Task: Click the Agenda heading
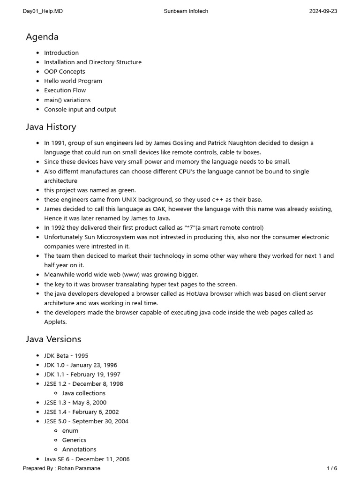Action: [42, 37]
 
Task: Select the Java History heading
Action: [51, 127]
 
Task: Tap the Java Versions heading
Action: [53, 339]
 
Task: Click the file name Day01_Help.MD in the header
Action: [43, 11]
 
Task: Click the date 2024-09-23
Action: [323, 11]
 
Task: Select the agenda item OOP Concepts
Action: [65, 72]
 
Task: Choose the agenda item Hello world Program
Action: [73, 81]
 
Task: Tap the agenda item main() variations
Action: [67, 100]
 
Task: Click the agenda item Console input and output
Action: [80, 109]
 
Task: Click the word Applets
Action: [55, 322]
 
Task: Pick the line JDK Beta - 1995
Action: [66, 356]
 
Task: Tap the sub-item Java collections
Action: [84, 393]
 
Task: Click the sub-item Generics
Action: [74, 440]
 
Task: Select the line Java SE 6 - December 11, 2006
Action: [87, 459]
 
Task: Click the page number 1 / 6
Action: [332, 468]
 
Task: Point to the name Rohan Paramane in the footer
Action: [79, 468]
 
